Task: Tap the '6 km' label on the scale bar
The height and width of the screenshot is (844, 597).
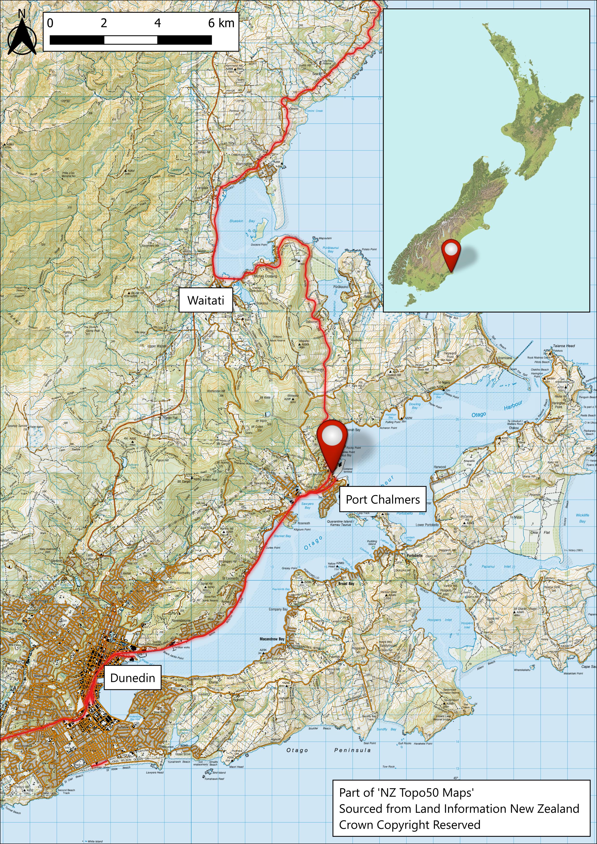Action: (x=221, y=23)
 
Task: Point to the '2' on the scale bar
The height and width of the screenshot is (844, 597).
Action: (x=104, y=23)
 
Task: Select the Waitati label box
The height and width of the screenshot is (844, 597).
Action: (x=206, y=300)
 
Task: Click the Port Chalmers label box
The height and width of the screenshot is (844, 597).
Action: (x=382, y=499)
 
